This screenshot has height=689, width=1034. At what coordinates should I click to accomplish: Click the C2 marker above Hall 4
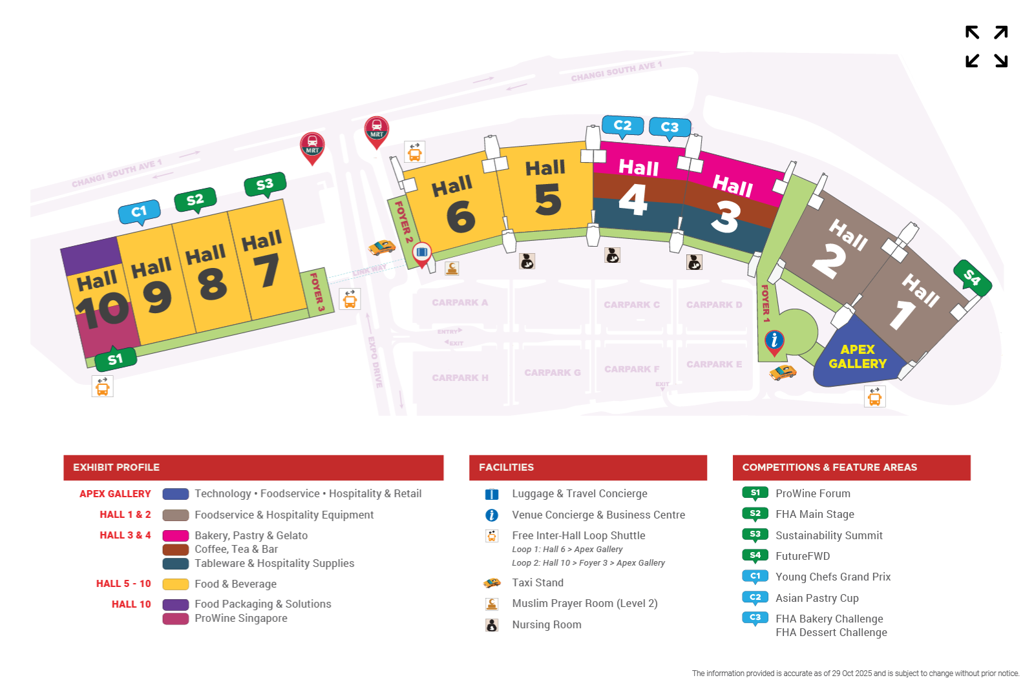pos(622,125)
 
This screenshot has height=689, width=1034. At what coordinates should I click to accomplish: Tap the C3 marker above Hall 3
pos(670,127)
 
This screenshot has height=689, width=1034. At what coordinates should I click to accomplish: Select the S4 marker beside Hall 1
pos(972,278)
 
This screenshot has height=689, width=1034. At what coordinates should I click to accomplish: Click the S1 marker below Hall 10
pos(115,360)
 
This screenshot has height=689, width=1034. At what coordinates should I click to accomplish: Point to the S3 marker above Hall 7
pos(265,185)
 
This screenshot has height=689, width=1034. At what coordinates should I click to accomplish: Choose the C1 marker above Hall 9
pos(140,212)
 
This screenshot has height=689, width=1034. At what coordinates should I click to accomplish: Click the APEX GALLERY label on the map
pos(858,356)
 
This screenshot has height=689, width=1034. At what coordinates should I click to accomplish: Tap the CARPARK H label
pos(460,378)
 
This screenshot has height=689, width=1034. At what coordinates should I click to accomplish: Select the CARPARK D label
pos(714,305)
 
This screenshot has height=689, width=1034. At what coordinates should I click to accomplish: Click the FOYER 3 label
pos(317,292)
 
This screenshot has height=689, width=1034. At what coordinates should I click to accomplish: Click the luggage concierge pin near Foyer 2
pos(421,252)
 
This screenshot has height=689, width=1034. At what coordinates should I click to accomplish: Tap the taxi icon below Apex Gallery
pos(783,372)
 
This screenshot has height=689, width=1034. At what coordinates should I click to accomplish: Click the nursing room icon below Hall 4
pos(612,255)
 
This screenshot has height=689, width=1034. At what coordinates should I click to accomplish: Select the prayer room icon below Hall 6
pos(452,268)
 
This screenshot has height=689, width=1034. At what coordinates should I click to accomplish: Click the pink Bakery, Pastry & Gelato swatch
pos(175,535)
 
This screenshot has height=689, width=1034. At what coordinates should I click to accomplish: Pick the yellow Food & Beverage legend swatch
pos(175,584)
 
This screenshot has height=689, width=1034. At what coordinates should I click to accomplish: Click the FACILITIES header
pos(506,468)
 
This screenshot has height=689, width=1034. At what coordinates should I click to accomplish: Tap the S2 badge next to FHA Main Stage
pos(755,514)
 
